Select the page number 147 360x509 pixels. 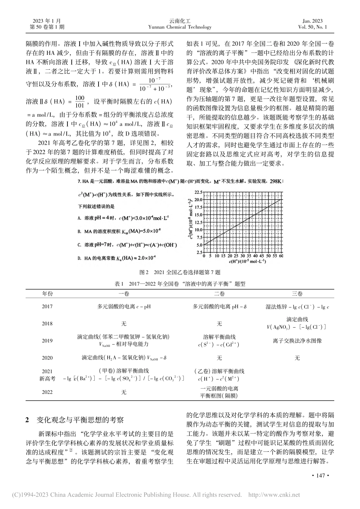pos(320,476)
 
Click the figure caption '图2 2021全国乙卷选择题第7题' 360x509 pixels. pos(180,272)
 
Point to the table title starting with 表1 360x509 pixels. pos(180,283)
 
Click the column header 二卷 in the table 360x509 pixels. pos(219,294)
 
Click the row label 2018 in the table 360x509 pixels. pos(48,323)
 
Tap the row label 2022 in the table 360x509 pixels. pos(48,392)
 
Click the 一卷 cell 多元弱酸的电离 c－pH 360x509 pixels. pos(124,306)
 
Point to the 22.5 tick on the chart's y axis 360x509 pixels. pos(199,192)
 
